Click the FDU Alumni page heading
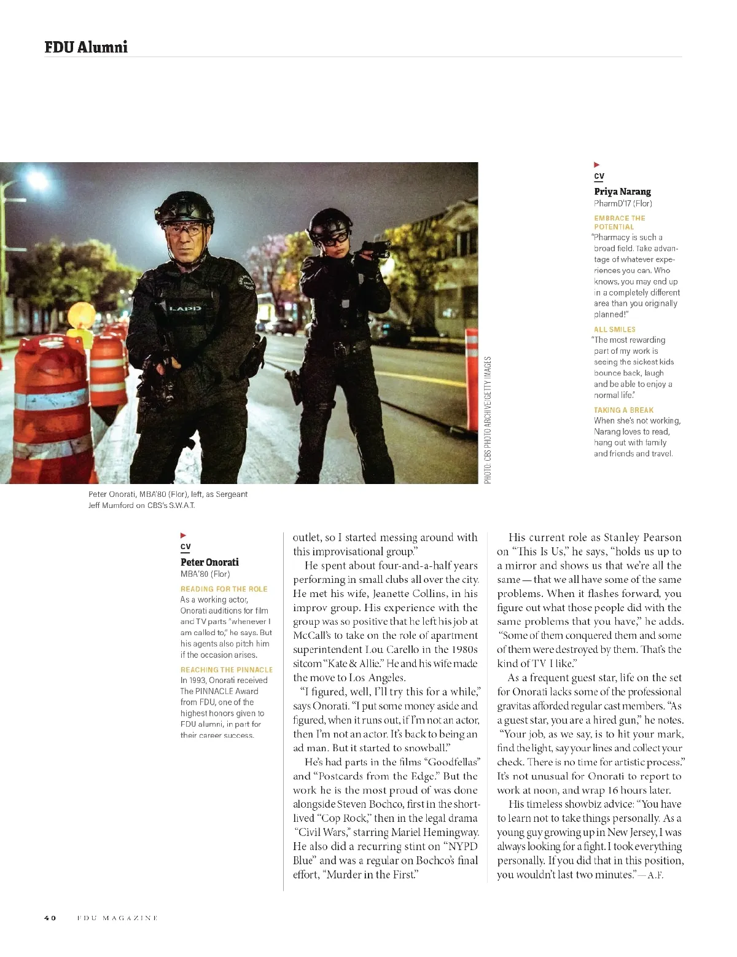click(x=86, y=47)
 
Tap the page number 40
click(x=50, y=918)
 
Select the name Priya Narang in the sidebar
click(x=622, y=192)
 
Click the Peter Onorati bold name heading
click(x=209, y=562)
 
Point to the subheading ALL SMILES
click(x=614, y=329)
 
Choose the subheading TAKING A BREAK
click(x=623, y=410)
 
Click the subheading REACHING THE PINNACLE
click(x=226, y=670)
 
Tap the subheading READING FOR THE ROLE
click(x=224, y=588)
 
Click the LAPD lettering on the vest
click(x=185, y=308)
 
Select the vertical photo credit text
click(x=488, y=420)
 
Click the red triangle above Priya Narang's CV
click(x=596, y=165)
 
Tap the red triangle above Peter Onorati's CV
click(x=183, y=536)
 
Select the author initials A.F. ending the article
click(x=655, y=875)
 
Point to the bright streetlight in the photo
click(x=37, y=181)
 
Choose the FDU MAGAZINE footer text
click(x=117, y=918)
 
